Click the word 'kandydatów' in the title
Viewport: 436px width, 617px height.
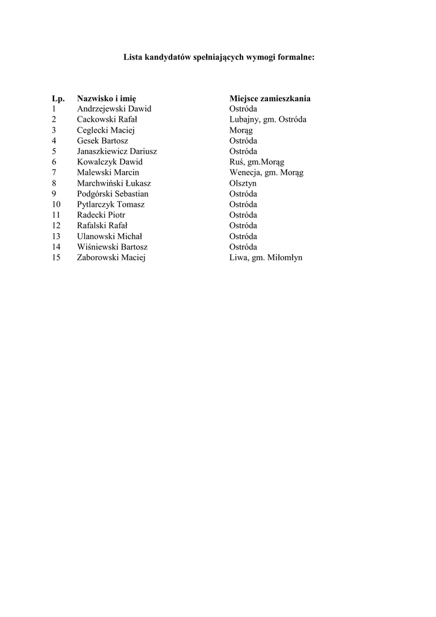click(170, 58)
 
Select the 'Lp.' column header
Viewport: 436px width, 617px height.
click(58, 98)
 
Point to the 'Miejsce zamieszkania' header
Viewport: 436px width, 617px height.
click(270, 98)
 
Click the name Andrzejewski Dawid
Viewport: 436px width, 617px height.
click(114, 109)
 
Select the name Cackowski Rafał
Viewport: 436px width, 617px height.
click(107, 119)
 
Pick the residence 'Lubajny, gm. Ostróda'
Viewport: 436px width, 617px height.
click(267, 119)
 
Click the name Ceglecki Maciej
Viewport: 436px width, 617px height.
click(105, 130)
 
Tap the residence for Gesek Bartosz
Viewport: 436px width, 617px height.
click(243, 141)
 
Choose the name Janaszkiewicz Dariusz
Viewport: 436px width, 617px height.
click(117, 151)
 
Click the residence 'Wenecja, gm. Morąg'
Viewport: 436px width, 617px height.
click(266, 173)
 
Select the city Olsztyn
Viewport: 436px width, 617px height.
click(243, 183)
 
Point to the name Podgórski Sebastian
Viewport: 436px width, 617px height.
click(113, 194)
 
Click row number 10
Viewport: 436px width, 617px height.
click(56, 205)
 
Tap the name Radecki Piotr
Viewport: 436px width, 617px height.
click(101, 215)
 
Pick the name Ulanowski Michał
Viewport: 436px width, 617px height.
click(110, 236)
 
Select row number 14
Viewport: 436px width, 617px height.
click(56, 247)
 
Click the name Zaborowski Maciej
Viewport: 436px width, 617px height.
click(111, 258)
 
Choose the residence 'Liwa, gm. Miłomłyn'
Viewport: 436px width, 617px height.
click(266, 258)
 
